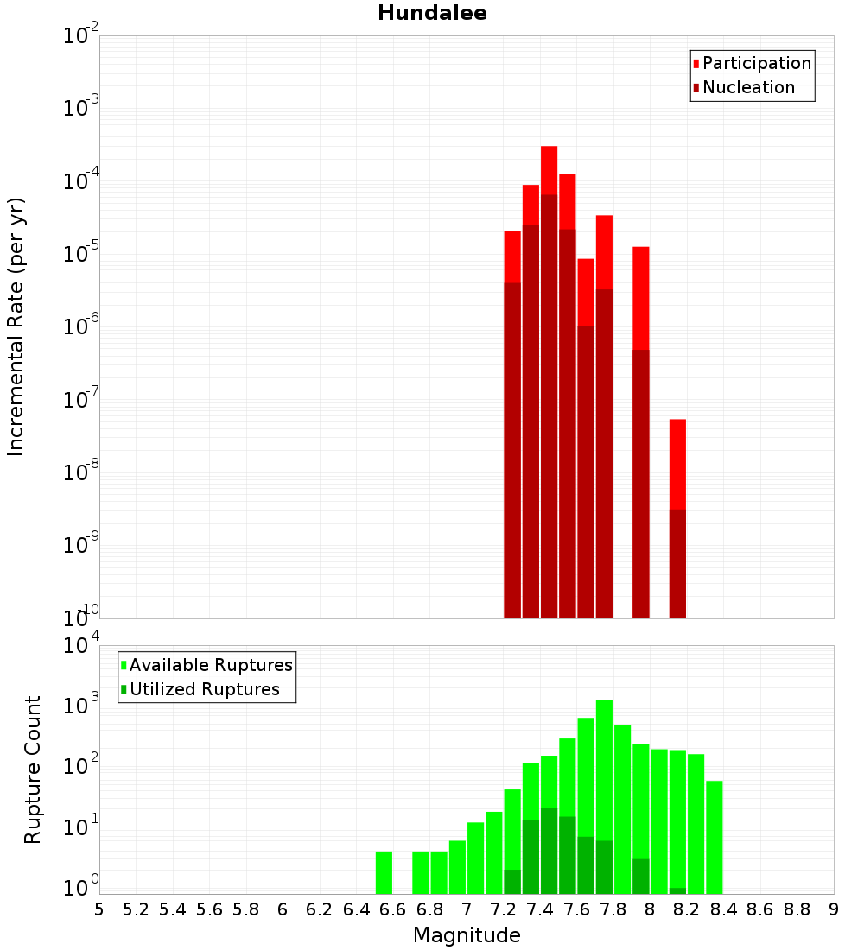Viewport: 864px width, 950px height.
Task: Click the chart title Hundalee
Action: point(432,13)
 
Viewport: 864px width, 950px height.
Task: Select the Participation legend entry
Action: point(756,63)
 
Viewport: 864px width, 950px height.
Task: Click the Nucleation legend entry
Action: point(748,87)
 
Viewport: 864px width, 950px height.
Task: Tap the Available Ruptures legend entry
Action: point(210,665)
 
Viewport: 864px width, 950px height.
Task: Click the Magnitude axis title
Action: point(467,935)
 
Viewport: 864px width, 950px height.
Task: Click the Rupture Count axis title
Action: point(33,769)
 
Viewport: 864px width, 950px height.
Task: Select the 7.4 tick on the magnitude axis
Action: point(540,909)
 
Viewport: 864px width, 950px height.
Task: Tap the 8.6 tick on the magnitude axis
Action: point(760,909)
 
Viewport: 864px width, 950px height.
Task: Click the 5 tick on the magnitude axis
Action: point(99,909)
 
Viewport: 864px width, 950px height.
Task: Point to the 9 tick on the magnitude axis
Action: point(834,909)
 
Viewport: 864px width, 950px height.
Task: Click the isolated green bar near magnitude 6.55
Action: point(384,872)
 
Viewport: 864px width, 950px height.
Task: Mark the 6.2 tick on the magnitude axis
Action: point(320,909)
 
